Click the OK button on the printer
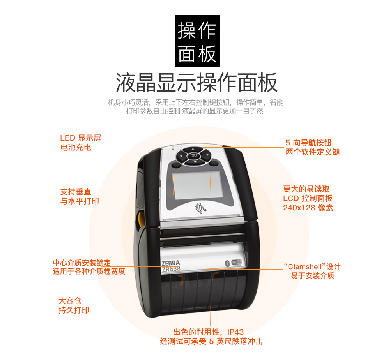(x=194, y=155)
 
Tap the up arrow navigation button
(x=193, y=149)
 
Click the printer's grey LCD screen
(x=197, y=185)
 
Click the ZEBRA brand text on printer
(x=171, y=263)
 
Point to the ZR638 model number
(x=171, y=269)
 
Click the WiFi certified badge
(x=237, y=263)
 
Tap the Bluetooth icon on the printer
(x=227, y=263)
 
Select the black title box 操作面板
(x=197, y=41)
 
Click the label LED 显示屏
(x=81, y=138)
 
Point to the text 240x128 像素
(x=308, y=208)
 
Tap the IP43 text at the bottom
(x=235, y=332)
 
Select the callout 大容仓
(x=70, y=301)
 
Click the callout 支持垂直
(x=76, y=192)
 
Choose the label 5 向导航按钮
(x=308, y=143)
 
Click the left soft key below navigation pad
(x=175, y=165)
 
